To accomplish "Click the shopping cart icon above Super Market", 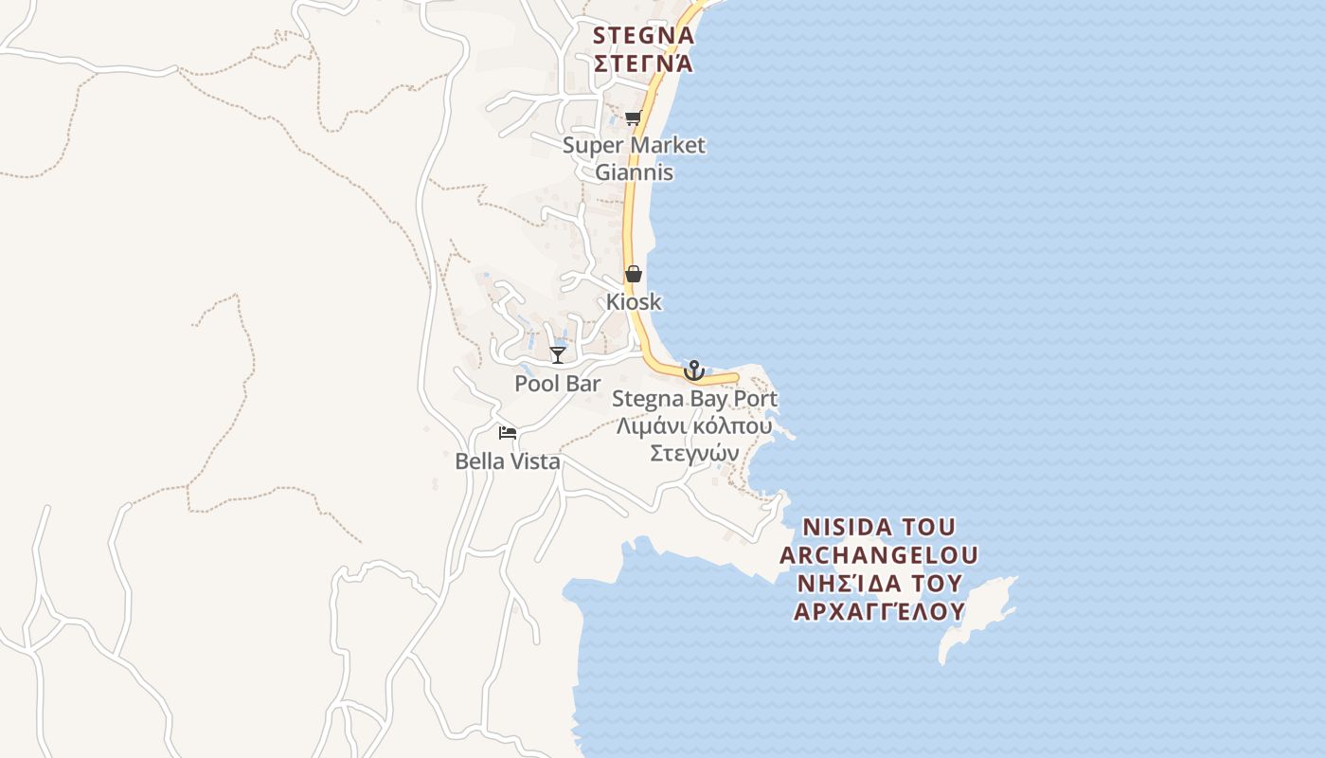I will [x=633, y=118].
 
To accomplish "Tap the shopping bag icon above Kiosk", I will [x=634, y=274].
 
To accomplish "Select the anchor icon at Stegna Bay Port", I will [x=694, y=370].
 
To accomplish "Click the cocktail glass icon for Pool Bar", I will [x=558, y=355].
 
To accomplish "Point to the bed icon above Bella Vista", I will [x=508, y=433].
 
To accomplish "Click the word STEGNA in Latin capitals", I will [x=643, y=36].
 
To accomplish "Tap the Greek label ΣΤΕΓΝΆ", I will [x=643, y=64].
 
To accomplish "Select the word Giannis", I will [x=634, y=172].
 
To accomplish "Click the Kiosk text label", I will [x=634, y=302].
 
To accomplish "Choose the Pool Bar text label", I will [x=558, y=384].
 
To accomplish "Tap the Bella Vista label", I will [x=508, y=461].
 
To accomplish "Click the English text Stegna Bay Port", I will [x=694, y=399].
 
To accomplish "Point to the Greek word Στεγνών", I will [x=694, y=453].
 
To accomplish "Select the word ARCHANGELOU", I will [x=879, y=554].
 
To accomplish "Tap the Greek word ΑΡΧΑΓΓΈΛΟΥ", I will [x=879, y=611].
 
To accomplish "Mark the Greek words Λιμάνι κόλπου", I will [x=694, y=426].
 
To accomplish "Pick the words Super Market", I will [x=634, y=145].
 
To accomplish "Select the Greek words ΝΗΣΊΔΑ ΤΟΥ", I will [x=879, y=583].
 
